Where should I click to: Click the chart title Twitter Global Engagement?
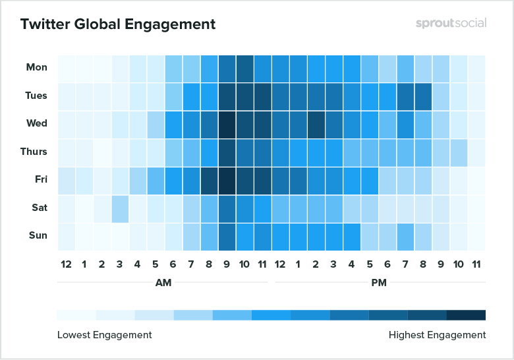[x=117, y=24]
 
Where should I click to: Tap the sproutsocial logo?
[x=451, y=23]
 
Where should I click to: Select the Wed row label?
[x=37, y=123]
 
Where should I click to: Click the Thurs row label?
[x=34, y=152]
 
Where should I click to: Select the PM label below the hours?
[x=379, y=282]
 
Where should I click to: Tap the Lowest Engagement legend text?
[x=104, y=335]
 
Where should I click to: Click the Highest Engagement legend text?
[x=437, y=335]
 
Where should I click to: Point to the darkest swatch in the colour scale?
[x=466, y=315]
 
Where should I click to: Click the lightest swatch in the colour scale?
[x=76, y=315]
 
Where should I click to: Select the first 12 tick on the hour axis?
[x=66, y=264]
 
